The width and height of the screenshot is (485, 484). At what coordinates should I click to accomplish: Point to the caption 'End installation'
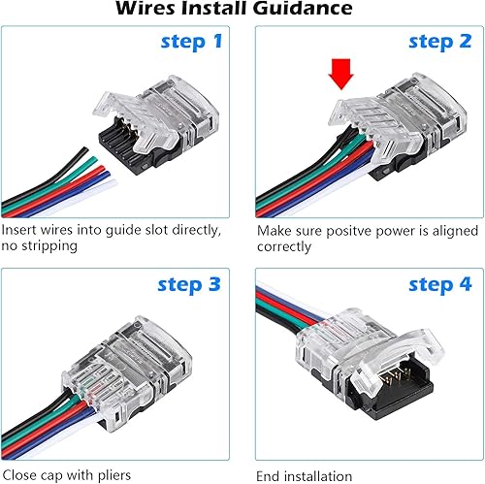pyautogui.click(x=304, y=475)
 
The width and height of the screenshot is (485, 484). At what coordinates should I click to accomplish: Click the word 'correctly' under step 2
pyautogui.click(x=284, y=247)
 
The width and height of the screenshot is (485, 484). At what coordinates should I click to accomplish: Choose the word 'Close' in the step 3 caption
pyautogui.click(x=20, y=475)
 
